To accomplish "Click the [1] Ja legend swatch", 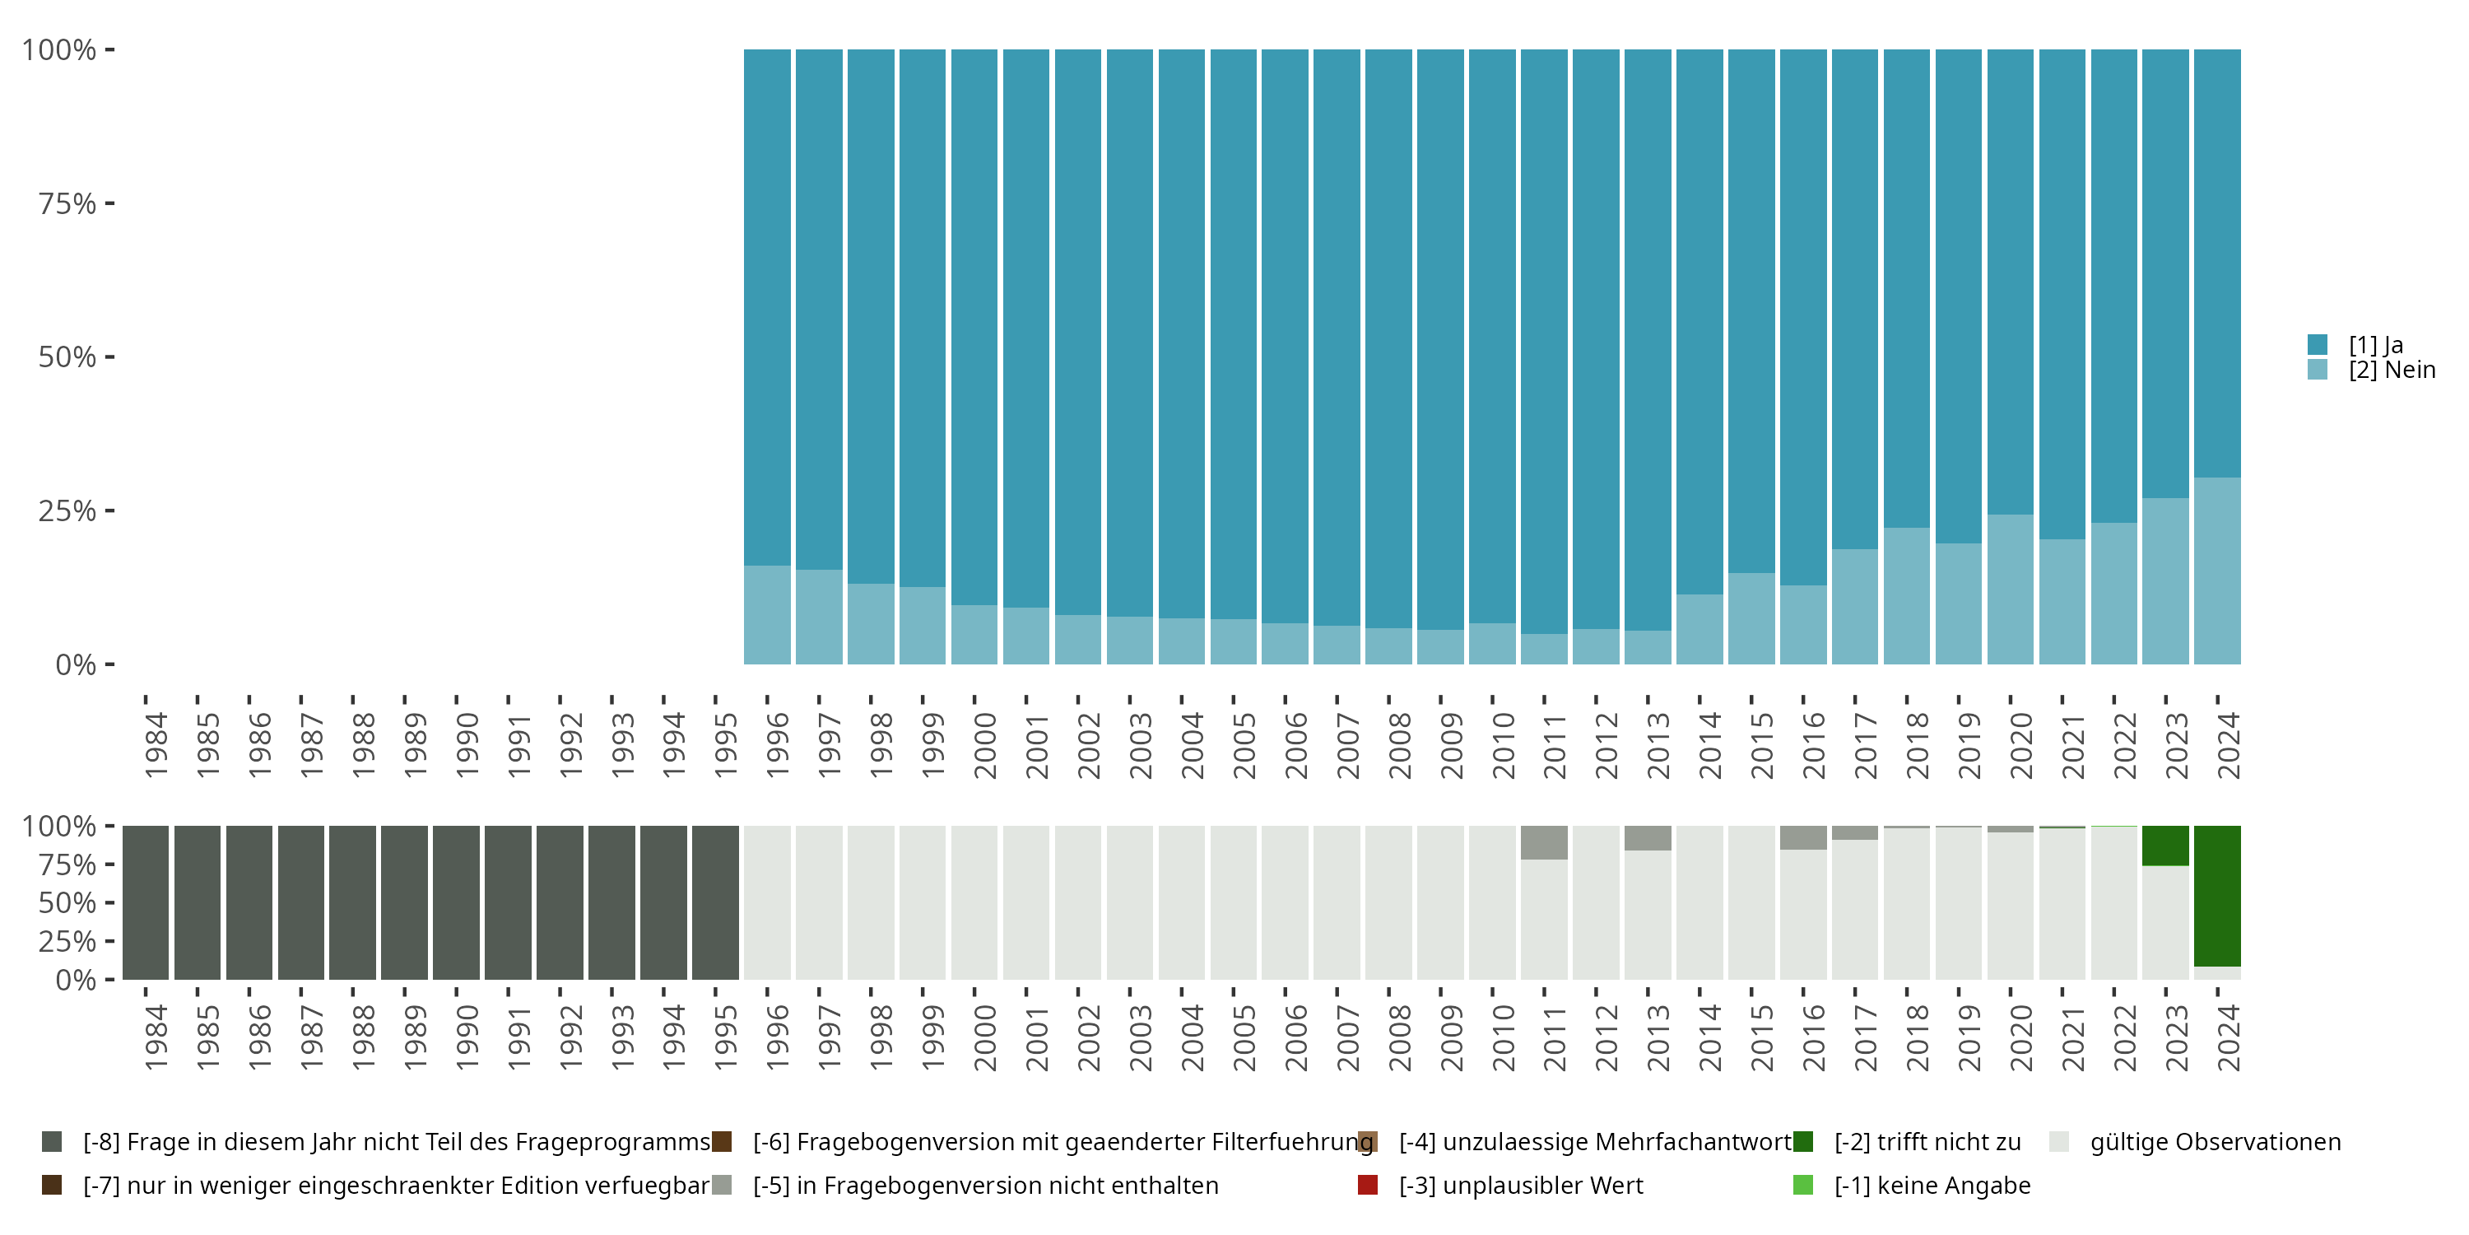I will [x=2318, y=344].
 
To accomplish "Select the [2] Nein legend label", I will [x=2392, y=370].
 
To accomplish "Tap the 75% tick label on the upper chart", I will [x=67, y=203].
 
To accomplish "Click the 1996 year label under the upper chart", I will [x=777, y=745].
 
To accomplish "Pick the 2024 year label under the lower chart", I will [x=2229, y=1037].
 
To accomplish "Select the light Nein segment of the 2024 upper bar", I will [x=2217, y=571].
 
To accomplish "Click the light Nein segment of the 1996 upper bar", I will [x=767, y=615].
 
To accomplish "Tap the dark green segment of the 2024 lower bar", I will [x=2217, y=896].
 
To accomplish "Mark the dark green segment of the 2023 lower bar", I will [x=2165, y=846].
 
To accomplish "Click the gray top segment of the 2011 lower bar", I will [x=1544, y=842].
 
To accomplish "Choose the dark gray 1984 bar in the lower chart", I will [x=146, y=902].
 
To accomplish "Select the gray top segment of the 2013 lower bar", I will [x=1648, y=838].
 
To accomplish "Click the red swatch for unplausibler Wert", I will [x=1368, y=1185].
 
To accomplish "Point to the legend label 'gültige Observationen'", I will [x=2215, y=1142].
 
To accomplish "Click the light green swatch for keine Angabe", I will [x=1803, y=1185].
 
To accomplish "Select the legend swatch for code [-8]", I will [x=52, y=1142].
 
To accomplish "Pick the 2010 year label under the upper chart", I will [x=1503, y=745].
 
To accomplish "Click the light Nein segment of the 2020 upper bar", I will [x=2010, y=590].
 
